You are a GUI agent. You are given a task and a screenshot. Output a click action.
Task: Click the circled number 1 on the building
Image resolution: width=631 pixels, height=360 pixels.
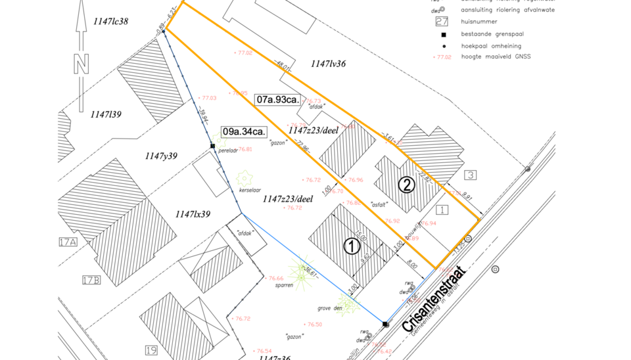352,246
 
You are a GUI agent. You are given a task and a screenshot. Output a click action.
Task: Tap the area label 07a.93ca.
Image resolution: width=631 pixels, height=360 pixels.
278,100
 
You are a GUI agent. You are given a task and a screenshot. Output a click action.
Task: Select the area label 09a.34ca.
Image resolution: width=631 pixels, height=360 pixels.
243,131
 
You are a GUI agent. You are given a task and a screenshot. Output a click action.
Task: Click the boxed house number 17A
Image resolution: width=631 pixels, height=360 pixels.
68,242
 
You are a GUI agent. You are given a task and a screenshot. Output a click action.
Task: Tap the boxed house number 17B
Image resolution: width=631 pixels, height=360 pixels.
91,281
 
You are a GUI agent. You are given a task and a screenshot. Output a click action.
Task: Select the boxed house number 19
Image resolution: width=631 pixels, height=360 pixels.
151,350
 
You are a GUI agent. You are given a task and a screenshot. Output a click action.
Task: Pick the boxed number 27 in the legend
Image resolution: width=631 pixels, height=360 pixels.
442,21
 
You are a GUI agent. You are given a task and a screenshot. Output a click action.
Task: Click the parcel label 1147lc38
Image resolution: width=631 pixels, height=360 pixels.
110,21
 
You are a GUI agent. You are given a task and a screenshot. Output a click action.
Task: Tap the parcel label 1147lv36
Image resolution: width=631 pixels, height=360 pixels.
328,64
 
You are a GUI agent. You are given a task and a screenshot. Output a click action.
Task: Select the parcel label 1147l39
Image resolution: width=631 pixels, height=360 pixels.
106,114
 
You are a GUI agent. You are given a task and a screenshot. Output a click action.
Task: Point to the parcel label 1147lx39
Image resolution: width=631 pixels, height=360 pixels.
193,214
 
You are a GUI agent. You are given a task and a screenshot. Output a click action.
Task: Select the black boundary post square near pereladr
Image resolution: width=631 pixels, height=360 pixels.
212,146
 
